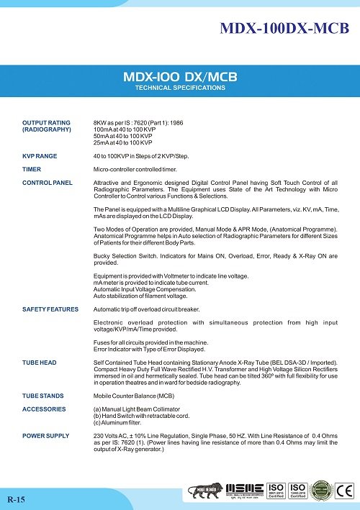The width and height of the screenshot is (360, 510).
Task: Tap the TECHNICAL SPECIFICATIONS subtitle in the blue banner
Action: pyautogui.click(x=180, y=88)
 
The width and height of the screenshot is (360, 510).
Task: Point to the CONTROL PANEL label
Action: pyautogui.click(x=48, y=183)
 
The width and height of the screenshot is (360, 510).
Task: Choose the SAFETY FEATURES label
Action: pyautogui.click(x=50, y=309)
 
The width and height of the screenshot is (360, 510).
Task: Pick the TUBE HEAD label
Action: pyautogui.click(x=40, y=363)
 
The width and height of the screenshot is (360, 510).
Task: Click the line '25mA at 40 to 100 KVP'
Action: pyautogui.click(x=126, y=142)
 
